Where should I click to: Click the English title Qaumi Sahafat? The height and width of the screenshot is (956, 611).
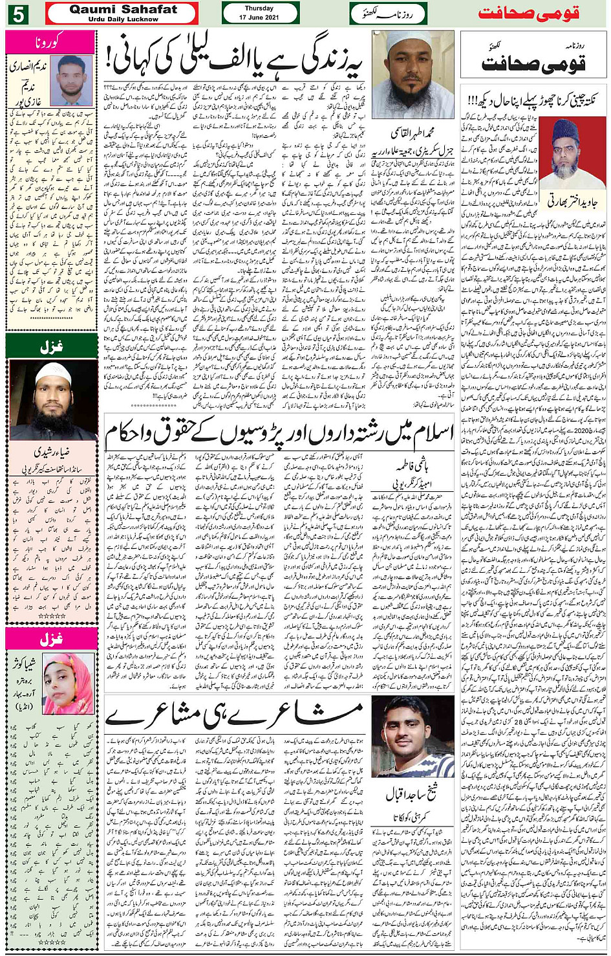tap(123, 10)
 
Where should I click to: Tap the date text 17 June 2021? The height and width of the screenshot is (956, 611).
tap(260, 17)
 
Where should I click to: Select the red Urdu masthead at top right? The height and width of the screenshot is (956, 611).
tap(529, 14)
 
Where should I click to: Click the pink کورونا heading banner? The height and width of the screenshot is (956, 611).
tap(50, 43)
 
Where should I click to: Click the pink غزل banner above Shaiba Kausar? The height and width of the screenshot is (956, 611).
tap(50, 639)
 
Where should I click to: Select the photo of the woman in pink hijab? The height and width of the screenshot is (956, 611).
tap(69, 683)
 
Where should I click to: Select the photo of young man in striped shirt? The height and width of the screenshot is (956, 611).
tap(413, 737)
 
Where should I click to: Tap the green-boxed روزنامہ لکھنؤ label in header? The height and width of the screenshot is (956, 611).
tap(387, 14)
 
